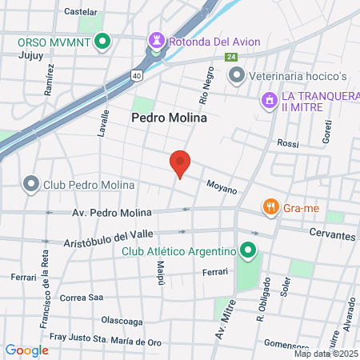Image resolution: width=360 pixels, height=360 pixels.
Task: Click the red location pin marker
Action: point(180,163)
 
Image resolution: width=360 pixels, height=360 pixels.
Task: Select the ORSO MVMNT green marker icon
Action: point(102,42)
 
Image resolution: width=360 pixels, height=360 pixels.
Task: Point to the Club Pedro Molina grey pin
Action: point(31,185)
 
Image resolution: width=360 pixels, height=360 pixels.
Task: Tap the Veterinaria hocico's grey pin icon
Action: point(237,76)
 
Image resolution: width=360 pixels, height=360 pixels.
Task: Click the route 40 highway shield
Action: point(138,75)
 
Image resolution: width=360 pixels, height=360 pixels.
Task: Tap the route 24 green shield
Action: point(231,58)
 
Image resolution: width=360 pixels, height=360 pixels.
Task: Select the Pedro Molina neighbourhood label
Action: point(169,118)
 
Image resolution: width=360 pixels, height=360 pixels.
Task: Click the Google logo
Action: point(26,350)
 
